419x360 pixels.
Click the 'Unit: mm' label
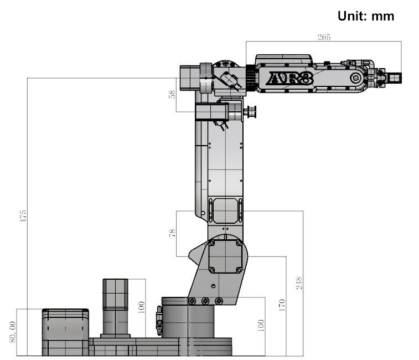pos(365,16)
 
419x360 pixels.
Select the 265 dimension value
pos(324,37)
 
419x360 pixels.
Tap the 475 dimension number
pos(23,216)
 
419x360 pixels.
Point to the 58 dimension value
pos(172,94)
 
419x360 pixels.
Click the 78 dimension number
pos(172,233)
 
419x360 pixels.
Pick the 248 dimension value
pos(299,283)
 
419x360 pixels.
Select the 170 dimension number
pos(282,305)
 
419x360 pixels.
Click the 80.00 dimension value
pos(12,332)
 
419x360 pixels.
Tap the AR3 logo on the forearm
pos(291,79)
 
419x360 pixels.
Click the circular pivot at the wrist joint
pos(356,78)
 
